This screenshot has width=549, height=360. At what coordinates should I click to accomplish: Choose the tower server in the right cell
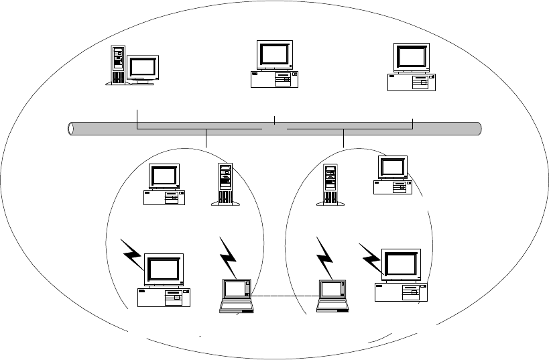tap(330, 184)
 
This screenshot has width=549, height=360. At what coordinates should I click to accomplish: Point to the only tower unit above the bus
tap(117, 64)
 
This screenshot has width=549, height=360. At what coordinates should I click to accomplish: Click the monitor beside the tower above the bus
tap(143, 69)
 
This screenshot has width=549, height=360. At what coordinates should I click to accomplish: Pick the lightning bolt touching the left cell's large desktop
tap(133, 254)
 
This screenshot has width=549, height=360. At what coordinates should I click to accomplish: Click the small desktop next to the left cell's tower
tap(164, 184)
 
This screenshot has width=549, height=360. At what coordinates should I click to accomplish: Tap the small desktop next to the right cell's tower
tap(392, 175)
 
